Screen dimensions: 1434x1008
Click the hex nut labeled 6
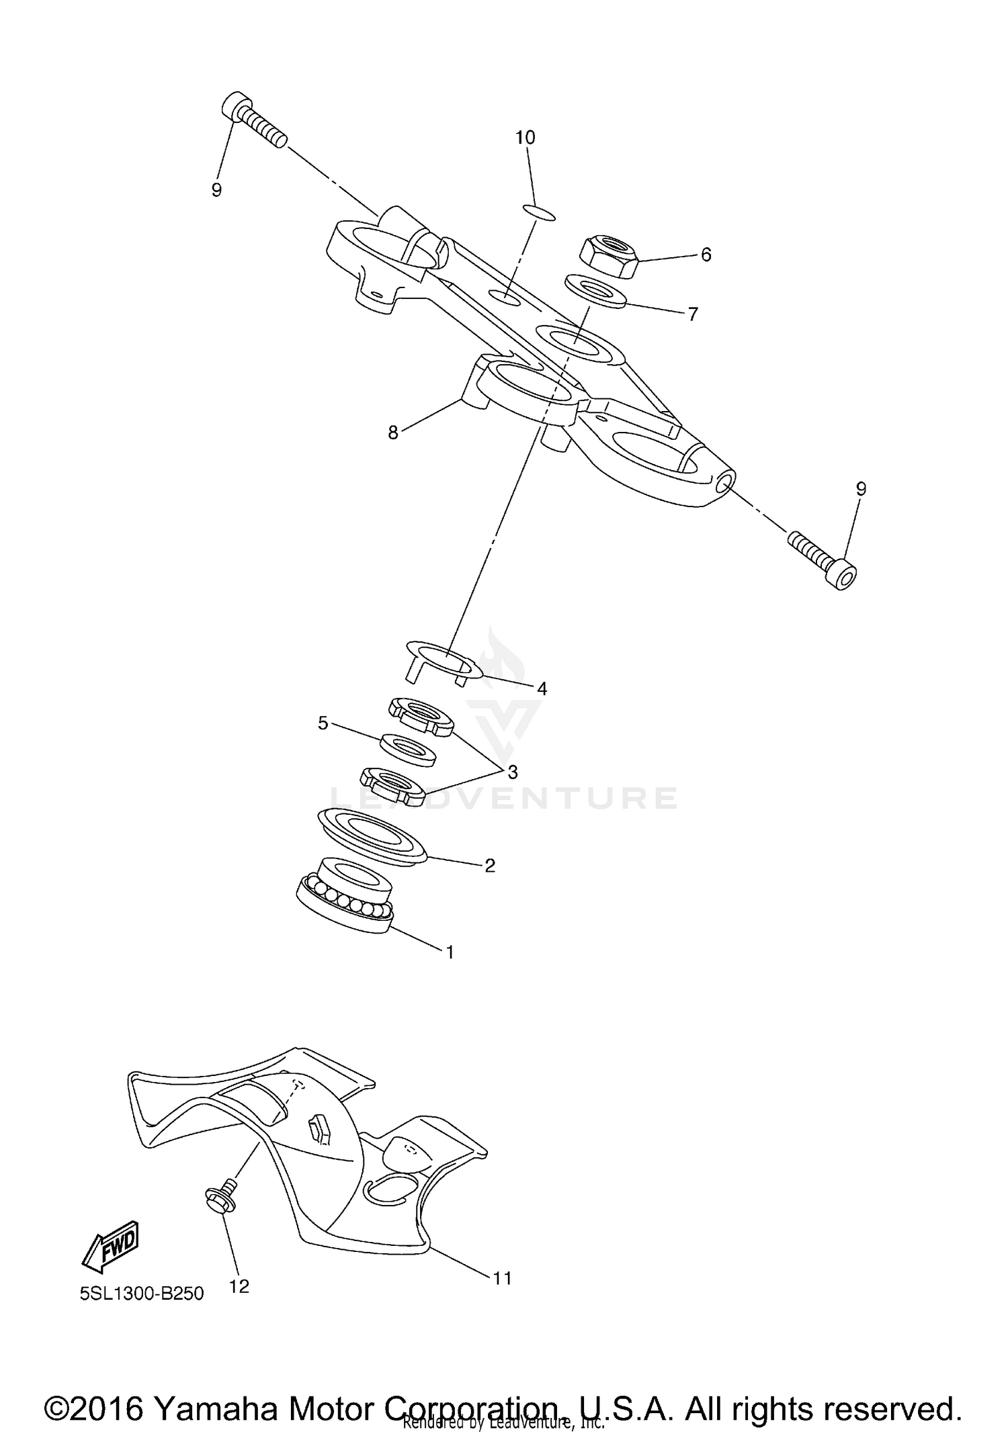607,257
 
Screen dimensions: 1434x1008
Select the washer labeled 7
595,291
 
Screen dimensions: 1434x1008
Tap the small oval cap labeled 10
538,213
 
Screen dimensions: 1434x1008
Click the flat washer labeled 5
408,749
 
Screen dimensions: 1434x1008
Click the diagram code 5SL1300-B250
142,1294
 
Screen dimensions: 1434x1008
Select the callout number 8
393,433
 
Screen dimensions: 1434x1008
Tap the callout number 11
502,1278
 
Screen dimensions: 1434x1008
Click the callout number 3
513,772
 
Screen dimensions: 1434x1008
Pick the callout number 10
525,138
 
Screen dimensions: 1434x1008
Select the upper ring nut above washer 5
421,715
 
